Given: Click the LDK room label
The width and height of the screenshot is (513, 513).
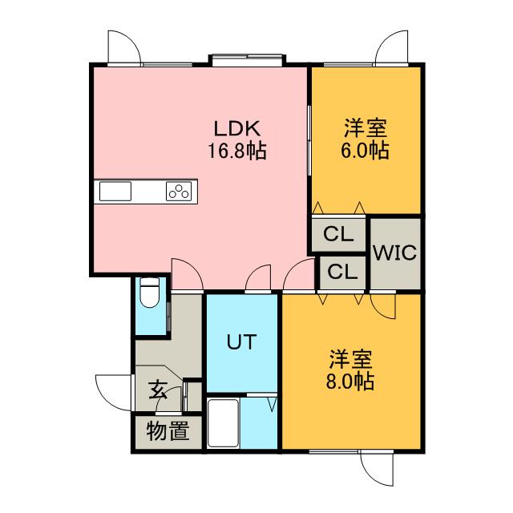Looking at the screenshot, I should coord(238,129).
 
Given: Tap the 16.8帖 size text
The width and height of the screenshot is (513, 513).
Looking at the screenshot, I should coord(239,150).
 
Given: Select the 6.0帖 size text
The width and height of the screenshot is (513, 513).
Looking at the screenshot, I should coord(367,151).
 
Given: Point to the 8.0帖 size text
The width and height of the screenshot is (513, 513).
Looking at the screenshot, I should coord(350,381).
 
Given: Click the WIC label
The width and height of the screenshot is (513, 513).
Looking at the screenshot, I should coord(394,254).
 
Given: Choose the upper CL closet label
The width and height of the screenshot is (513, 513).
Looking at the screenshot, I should coord(339,236).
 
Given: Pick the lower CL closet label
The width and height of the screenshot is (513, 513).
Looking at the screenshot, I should coord(342,272).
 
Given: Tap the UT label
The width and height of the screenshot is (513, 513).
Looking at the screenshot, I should coord(240,342).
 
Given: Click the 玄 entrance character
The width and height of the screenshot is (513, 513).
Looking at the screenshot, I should coord(158,392).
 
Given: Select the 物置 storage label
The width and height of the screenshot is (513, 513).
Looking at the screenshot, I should coord(168,433).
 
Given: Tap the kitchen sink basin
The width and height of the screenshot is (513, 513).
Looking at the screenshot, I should coord(115,192).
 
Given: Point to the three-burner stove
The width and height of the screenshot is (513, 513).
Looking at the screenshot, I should coord(180,192).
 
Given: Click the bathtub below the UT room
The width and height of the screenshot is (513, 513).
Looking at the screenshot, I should coord(224,425).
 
